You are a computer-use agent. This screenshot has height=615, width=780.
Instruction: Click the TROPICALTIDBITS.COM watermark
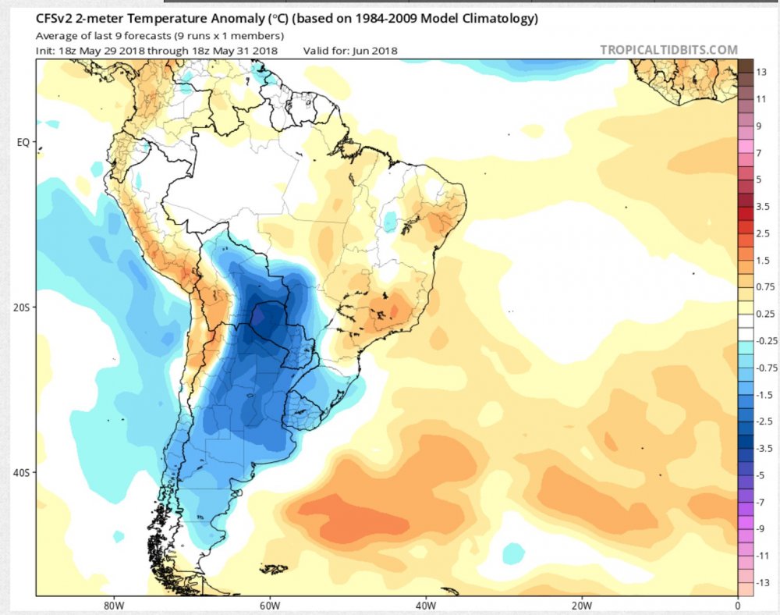[x=668, y=50]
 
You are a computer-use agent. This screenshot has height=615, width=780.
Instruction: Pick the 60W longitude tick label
[x=269, y=605]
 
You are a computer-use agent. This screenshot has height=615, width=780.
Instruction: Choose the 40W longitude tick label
[x=425, y=605]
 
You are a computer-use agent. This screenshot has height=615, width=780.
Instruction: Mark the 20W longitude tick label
[x=582, y=605]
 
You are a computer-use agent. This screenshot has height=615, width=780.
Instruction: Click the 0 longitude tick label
[x=737, y=605]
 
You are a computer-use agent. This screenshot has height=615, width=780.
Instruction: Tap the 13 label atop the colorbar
[x=761, y=72]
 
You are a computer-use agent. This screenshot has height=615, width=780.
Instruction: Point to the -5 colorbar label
[x=761, y=474]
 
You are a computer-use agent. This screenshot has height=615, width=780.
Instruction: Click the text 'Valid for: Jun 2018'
[x=350, y=51]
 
